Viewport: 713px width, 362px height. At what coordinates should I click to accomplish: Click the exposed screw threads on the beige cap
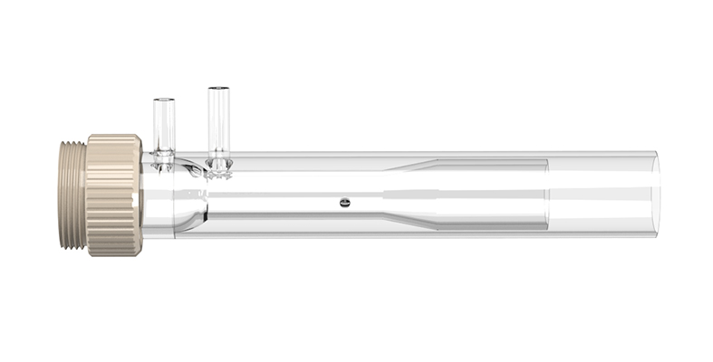point(72,195)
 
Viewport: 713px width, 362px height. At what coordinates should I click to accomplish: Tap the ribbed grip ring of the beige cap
point(114,195)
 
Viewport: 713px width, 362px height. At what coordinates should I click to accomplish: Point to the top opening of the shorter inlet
point(163,99)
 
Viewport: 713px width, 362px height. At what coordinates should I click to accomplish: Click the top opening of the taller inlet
point(218,89)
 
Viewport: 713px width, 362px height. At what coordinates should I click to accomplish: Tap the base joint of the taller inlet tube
point(219,164)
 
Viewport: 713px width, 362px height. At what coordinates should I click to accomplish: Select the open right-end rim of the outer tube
point(655,195)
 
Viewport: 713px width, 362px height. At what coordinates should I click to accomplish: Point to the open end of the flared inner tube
point(546,195)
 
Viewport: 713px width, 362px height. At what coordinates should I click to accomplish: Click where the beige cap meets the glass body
point(142,195)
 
